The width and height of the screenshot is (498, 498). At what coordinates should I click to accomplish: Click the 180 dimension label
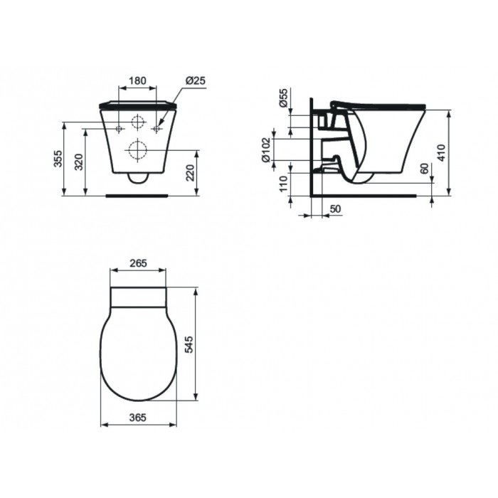pyautogui.click(x=137, y=80)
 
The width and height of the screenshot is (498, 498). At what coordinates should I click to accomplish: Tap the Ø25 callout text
pyautogui.click(x=196, y=80)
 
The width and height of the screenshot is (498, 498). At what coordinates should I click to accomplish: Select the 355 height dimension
pyautogui.click(x=58, y=159)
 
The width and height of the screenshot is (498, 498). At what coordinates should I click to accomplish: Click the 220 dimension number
pyautogui.click(x=190, y=173)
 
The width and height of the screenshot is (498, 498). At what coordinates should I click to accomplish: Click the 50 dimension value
pyautogui.click(x=335, y=208)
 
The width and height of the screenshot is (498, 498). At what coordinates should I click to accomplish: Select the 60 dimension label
pyautogui.click(x=424, y=169)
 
